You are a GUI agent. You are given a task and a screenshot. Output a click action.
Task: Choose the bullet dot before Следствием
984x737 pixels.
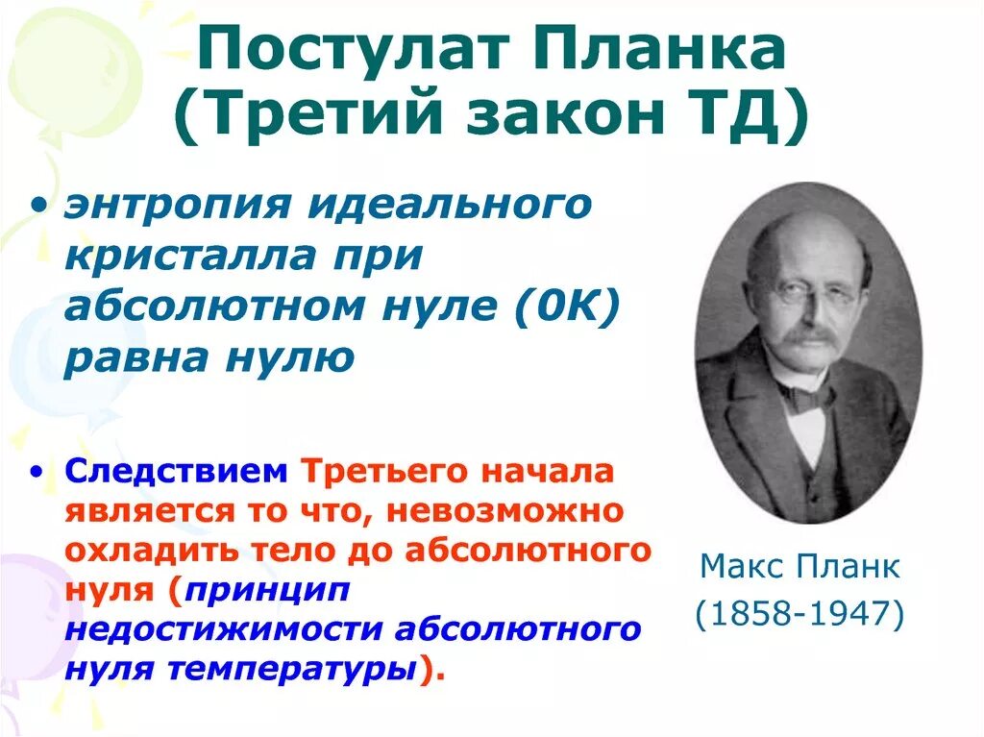[37, 472]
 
